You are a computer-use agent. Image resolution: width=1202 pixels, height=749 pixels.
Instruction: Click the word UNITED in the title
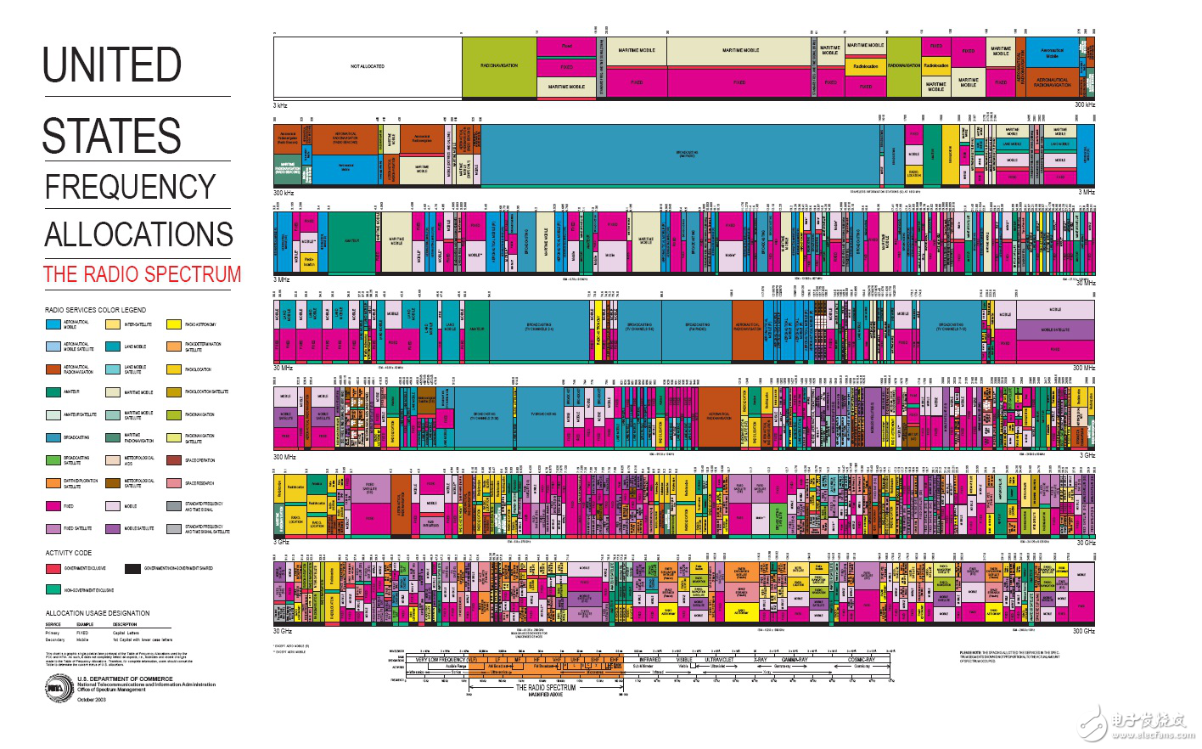click(x=112, y=65)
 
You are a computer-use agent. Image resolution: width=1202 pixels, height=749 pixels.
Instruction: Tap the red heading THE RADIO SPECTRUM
click(x=142, y=274)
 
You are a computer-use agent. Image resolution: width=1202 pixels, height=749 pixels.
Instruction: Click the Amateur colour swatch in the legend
click(x=53, y=392)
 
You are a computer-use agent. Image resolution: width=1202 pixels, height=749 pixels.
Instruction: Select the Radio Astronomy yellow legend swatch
click(x=174, y=324)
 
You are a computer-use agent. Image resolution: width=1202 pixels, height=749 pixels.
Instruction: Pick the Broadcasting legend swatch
click(x=53, y=437)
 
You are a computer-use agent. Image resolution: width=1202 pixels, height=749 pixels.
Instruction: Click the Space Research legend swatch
click(x=174, y=483)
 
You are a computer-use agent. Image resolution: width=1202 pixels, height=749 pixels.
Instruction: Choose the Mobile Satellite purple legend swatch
click(x=113, y=528)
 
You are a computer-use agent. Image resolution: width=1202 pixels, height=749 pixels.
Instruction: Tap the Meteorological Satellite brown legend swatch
click(x=113, y=483)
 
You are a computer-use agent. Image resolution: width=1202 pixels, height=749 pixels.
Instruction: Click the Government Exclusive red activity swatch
click(x=53, y=568)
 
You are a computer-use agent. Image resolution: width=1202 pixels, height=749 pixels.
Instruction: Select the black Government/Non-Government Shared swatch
click(x=132, y=568)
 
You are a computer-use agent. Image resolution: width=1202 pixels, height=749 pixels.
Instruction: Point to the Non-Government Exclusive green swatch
click(x=53, y=590)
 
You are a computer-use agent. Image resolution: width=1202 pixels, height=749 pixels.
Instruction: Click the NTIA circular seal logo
click(x=58, y=688)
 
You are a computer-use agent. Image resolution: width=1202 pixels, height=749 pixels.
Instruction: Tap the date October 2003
click(x=92, y=700)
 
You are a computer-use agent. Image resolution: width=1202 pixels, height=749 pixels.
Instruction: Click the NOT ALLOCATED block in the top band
click(x=368, y=66)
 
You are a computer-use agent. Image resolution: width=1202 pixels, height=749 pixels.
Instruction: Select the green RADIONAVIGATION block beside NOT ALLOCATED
click(x=499, y=66)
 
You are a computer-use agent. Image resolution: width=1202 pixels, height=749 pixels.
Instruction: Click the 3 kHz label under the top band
click(x=280, y=105)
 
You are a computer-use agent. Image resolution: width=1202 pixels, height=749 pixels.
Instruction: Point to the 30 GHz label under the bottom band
click(x=283, y=631)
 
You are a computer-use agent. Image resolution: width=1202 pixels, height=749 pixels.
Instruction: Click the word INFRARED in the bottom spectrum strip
click(x=649, y=659)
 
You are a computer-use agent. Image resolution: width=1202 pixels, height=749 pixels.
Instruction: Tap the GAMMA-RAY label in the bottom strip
click(x=795, y=659)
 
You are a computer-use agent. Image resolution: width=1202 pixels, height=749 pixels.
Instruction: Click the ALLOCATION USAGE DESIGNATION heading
click(x=98, y=613)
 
